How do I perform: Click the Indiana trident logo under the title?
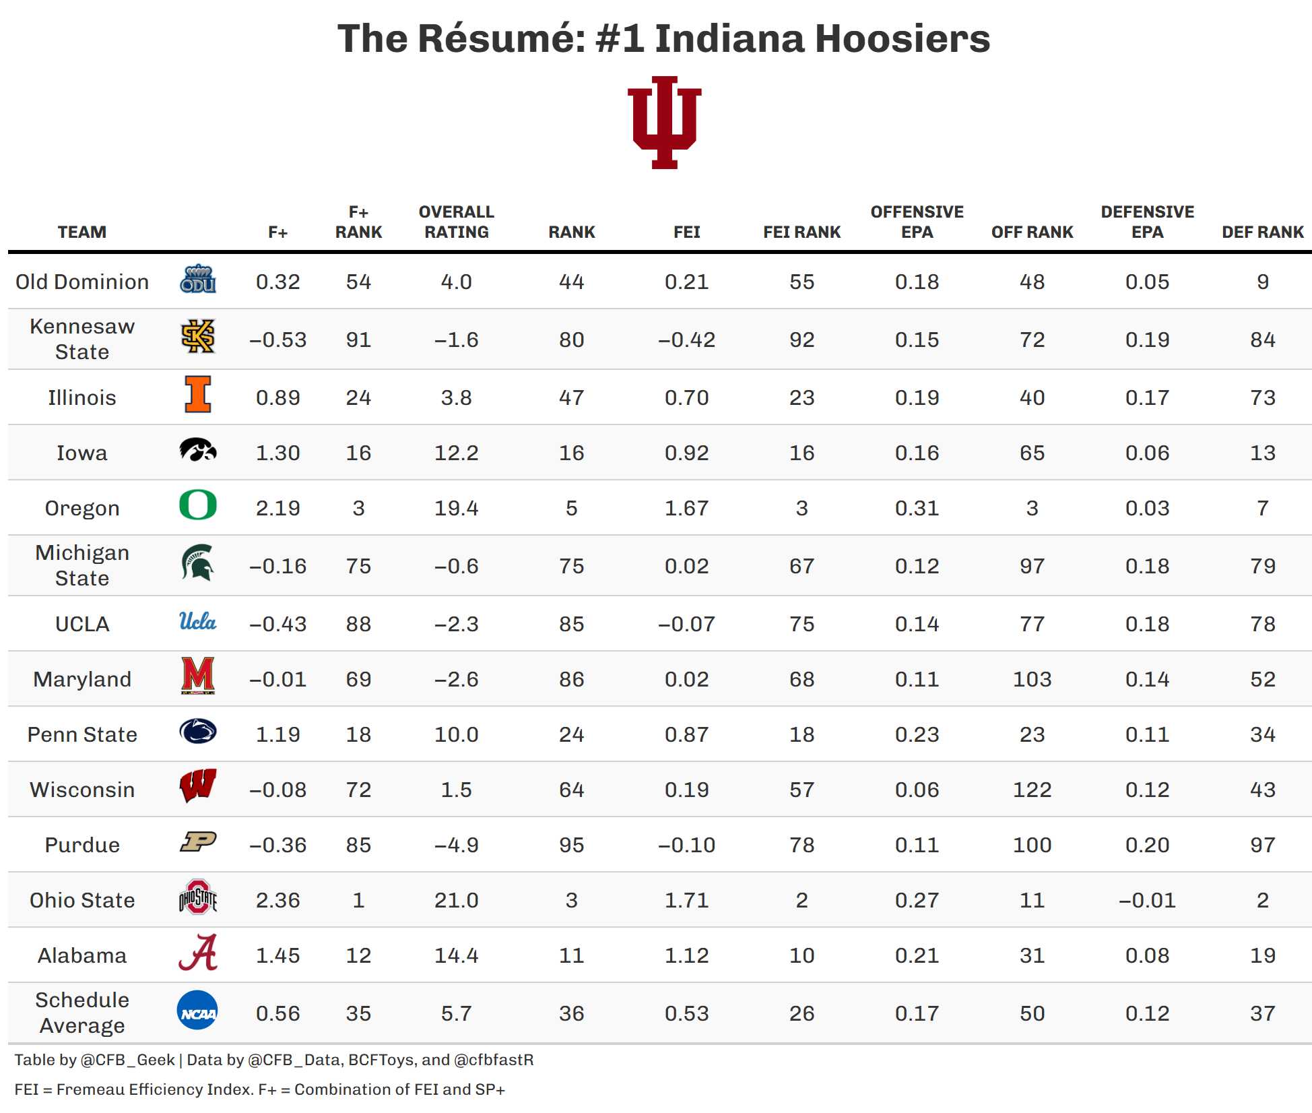coord(664,123)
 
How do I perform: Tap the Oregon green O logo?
coord(198,505)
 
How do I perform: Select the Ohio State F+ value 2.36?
coord(277,900)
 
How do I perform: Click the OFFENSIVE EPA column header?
coord(917,222)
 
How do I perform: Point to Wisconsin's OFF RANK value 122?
coord(1032,790)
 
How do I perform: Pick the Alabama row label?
coord(82,955)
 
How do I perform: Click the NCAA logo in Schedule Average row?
coord(197,1011)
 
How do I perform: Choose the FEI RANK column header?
coord(801,232)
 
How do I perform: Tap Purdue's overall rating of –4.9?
coord(456,845)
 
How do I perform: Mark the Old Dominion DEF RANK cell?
coord(1262,282)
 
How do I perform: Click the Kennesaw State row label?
coord(82,339)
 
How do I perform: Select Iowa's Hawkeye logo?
coord(198,450)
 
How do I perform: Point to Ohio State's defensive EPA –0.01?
coord(1147,900)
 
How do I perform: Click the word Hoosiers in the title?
coord(902,38)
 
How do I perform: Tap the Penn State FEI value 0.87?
coord(686,734)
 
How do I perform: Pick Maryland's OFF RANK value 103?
coord(1032,679)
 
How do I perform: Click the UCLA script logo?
coord(197,622)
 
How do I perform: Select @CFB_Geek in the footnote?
coord(127,1060)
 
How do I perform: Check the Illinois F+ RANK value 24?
coord(358,397)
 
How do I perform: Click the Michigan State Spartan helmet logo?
coord(197,563)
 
